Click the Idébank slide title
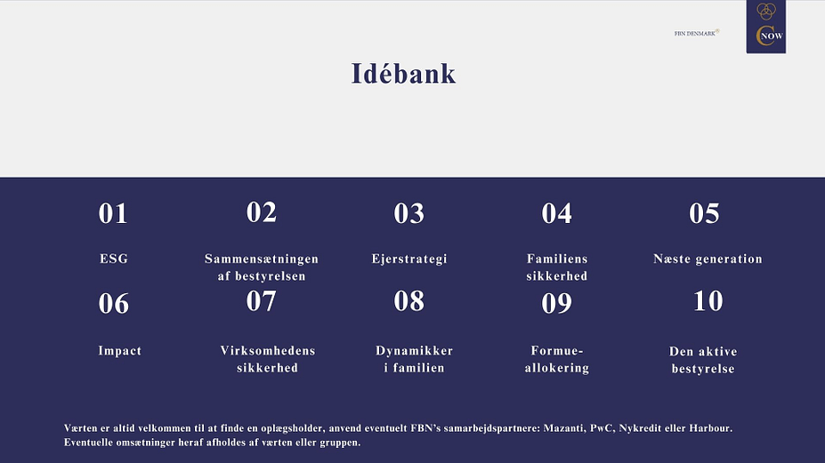pyautogui.click(x=403, y=74)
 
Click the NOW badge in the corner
pyautogui.click(x=766, y=27)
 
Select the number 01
pyautogui.click(x=113, y=213)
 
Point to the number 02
pyautogui.click(x=262, y=212)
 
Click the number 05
pyautogui.click(x=704, y=213)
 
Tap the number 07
pyautogui.click(x=261, y=301)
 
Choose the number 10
pyautogui.click(x=708, y=301)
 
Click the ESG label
pyautogui.click(x=114, y=259)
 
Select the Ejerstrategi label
pyautogui.click(x=409, y=259)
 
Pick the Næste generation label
pyautogui.click(x=708, y=259)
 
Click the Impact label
pyautogui.click(x=120, y=351)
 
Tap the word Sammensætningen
pyautogui.click(x=262, y=259)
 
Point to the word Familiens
pyautogui.click(x=557, y=259)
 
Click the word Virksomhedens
pyautogui.click(x=268, y=350)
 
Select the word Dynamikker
pyautogui.click(x=414, y=351)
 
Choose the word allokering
pyautogui.click(x=556, y=368)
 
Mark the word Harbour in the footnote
pyautogui.click(x=711, y=428)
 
